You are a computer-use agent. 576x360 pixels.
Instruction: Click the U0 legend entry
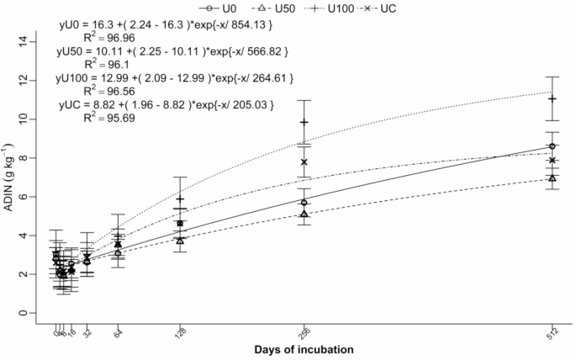[223, 6]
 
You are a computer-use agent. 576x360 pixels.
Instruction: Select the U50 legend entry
[280, 6]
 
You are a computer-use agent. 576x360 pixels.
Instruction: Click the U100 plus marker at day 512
[552, 98]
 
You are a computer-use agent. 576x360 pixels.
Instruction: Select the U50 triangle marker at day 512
[552, 177]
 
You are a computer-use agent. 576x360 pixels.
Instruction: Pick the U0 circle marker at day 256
[304, 203]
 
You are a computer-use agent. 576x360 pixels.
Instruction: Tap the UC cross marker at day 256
[304, 161]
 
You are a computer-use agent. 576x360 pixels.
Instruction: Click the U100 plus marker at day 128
[180, 199]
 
